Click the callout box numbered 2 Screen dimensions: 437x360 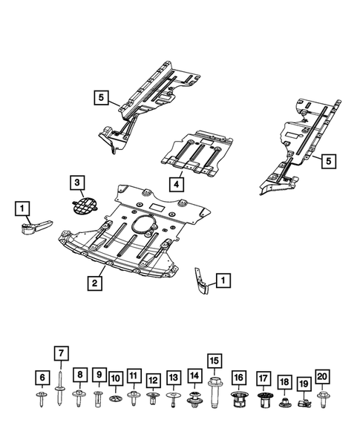[x=95, y=283]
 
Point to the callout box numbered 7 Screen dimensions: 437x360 [x=61, y=353]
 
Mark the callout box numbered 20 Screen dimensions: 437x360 [x=321, y=377]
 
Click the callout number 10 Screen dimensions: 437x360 [x=116, y=379]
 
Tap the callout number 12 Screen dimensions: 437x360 [x=153, y=381]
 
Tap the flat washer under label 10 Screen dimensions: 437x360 [x=116, y=399]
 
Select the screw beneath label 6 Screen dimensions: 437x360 [x=42, y=399]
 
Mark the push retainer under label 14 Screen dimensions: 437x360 [x=195, y=401]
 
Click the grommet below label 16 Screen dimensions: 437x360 [x=239, y=401]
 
